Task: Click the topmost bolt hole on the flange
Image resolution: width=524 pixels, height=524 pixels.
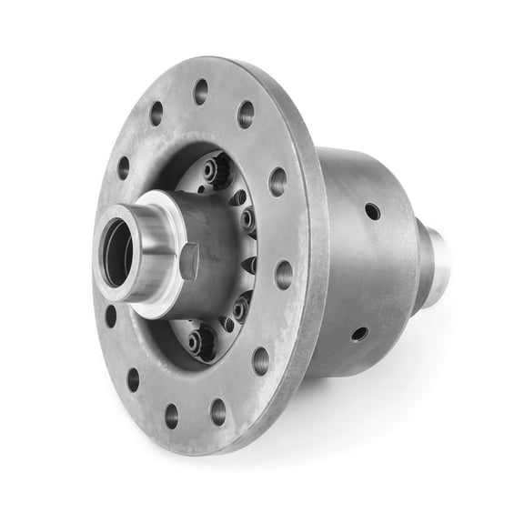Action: [200, 91]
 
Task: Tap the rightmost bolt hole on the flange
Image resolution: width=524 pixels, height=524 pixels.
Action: [284, 274]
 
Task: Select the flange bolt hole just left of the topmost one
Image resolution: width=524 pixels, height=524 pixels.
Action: [156, 113]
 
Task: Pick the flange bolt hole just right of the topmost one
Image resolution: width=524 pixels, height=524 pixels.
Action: [246, 114]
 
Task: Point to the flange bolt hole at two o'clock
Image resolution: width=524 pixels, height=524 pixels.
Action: [277, 181]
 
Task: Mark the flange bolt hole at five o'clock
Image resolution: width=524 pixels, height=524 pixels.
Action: [261, 361]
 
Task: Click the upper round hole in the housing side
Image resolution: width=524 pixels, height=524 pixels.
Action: [372, 211]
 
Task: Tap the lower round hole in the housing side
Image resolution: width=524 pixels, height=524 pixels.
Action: [360, 334]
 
